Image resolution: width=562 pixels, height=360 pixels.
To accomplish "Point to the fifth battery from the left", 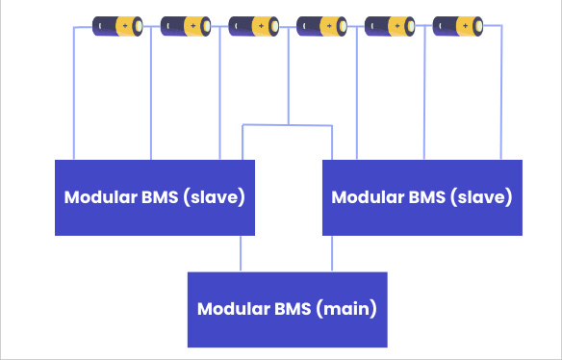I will click(390, 24).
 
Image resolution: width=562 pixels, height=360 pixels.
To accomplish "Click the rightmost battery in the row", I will click(458, 24).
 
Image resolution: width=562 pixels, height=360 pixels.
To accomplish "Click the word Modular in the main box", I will click(231, 310).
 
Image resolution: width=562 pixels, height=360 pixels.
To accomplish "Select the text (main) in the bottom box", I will click(345, 310).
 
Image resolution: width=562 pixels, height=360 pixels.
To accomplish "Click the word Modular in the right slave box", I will click(365, 197).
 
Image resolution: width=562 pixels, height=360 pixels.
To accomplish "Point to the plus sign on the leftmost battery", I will click(126, 24).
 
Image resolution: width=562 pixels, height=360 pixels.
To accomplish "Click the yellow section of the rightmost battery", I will click(466, 24).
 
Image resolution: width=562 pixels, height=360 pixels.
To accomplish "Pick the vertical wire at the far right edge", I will click(501, 96).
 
